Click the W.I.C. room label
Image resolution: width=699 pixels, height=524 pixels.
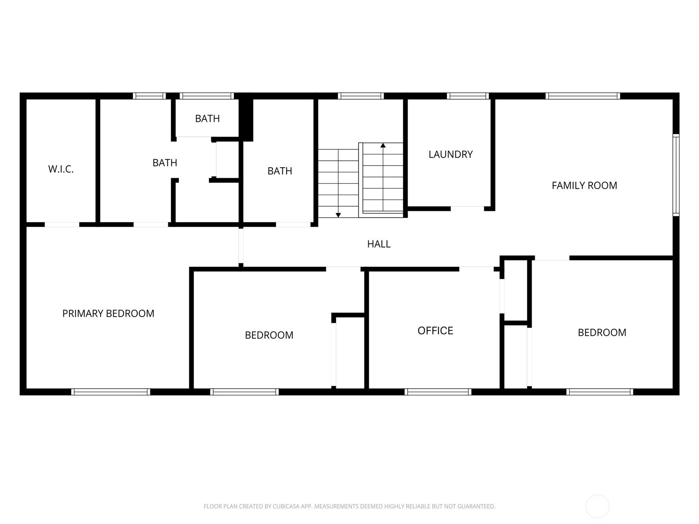pos(61,169)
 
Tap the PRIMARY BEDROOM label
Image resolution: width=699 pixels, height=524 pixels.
pos(108,314)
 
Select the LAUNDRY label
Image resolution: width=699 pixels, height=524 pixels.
pos(450,154)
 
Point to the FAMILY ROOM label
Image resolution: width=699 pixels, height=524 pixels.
pos(585,186)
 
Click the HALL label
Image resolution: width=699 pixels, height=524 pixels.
pos(379,244)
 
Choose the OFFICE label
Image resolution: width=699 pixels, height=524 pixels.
pos(435,331)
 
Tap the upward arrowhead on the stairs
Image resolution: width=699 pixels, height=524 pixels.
pos(383,145)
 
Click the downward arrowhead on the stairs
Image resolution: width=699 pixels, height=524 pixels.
pos(338,215)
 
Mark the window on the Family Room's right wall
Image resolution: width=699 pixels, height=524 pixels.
pos(676,175)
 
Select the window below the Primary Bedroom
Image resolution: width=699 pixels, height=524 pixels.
pos(111,392)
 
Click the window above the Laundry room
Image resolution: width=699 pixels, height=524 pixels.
pos(468,96)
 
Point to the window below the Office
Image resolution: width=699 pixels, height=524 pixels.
pos(438,392)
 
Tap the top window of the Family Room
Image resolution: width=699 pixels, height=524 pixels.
pos(583,96)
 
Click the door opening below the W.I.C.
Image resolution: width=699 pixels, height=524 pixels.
pos(62,224)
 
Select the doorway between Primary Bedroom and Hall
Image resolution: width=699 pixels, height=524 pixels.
pos(241,246)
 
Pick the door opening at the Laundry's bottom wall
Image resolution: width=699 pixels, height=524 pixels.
pos(467,209)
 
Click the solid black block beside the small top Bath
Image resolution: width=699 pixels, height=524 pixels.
pos(246,120)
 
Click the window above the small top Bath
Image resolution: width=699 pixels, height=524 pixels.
pos(207,96)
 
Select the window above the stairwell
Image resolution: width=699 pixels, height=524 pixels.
pos(361,96)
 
